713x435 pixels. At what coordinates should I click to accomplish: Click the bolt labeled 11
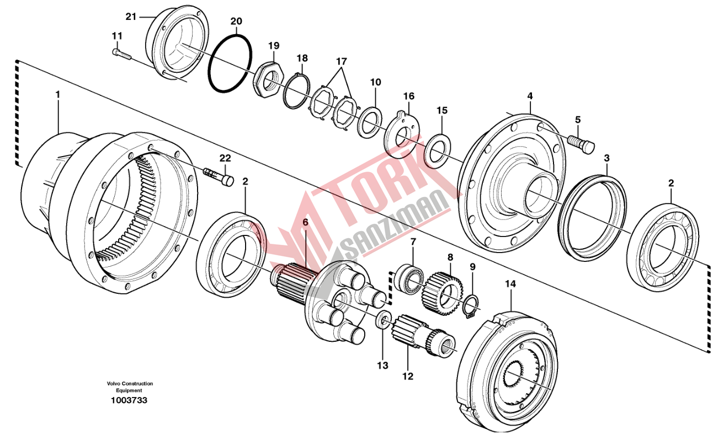point(121,55)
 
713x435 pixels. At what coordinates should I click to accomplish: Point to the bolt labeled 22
point(219,176)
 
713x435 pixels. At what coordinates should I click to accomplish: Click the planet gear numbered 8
point(442,293)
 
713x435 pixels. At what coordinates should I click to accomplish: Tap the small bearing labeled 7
point(409,279)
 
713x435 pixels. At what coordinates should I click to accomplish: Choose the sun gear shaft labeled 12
point(423,339)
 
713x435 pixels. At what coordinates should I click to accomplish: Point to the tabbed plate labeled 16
point(402,132)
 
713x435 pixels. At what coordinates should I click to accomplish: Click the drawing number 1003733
point(129,400)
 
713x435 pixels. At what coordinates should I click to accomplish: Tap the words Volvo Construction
point(130,384)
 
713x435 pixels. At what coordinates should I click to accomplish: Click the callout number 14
point(510,283)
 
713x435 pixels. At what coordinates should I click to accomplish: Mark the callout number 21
point(131,17)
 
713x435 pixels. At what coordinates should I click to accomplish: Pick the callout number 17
point(341,61)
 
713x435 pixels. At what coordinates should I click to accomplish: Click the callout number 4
point(530,96)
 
